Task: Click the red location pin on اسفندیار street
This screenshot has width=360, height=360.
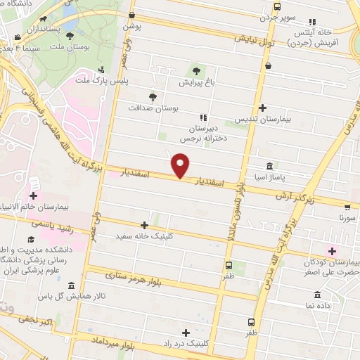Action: click(x=181, y=167)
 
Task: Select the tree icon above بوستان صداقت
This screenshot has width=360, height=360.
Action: click(x=153, y=97)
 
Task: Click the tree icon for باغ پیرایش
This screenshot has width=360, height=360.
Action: click(x=196, y=71)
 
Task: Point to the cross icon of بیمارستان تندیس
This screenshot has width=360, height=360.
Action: click(x=262, y=108)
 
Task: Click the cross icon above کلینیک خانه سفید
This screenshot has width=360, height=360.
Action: click(x=145, y=226)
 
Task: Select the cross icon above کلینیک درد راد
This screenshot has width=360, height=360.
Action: click(x=186, y=333)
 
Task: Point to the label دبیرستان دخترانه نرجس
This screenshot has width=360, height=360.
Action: click(x=205, y=134)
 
